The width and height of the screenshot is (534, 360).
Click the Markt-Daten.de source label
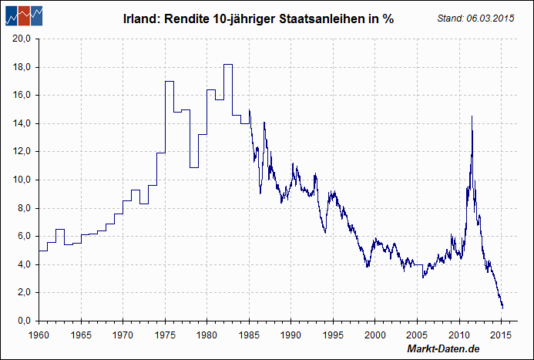443,350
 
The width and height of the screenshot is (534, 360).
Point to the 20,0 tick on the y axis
22,39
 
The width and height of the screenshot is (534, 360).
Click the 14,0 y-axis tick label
22,123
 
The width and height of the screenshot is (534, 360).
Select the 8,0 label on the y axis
23,208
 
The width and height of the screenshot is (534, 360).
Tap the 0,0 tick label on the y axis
23,321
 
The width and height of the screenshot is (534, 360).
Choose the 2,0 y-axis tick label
23,292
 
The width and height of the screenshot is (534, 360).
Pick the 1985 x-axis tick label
249,335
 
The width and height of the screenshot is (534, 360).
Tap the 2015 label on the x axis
502,335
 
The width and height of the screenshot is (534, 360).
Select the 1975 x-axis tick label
165,335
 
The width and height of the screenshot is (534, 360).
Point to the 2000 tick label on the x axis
375,335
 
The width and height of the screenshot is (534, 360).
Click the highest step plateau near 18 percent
228,64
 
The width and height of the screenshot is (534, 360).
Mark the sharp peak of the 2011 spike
472,116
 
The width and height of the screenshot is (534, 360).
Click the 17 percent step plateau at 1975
169,81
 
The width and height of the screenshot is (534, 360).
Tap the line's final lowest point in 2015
502,308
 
